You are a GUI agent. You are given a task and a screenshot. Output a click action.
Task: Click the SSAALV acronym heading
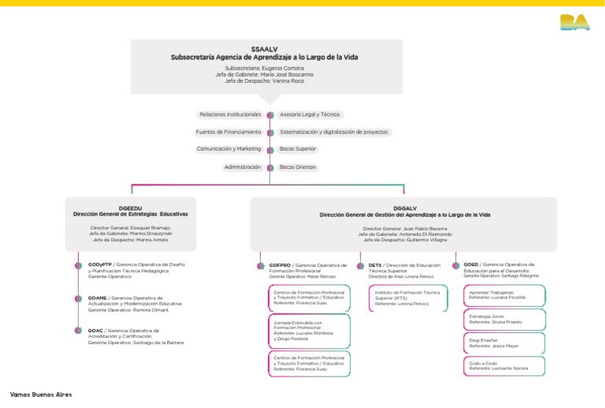click(x=268, y=49)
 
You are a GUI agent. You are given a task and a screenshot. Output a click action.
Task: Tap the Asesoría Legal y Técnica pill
click(x=310, y=114)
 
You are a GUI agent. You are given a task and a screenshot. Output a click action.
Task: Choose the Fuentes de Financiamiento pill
click(x=228, y=132)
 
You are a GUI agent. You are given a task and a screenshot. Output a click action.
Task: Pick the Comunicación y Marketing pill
click(x=228, y=148)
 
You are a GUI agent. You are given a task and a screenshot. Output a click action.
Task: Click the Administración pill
click(x=242, y=167)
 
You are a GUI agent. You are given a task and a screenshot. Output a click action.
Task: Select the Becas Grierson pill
click(x=298, y=167)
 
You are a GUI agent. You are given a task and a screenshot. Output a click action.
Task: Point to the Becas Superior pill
click(x=298, y=148)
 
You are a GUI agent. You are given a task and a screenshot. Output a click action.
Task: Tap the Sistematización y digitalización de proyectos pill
click(x=334, y=132)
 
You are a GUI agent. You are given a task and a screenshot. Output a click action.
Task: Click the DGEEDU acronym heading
click(x=130, y=208)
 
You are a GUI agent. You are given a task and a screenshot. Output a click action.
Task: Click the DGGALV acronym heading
click(x=404, y=208)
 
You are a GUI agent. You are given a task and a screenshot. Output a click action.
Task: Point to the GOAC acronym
click(x=95, y=330)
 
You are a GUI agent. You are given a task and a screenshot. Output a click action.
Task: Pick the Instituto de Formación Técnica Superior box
click(x=403, y=298)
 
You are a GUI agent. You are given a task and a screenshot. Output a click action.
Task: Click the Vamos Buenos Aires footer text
click(x=41, y=394)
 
